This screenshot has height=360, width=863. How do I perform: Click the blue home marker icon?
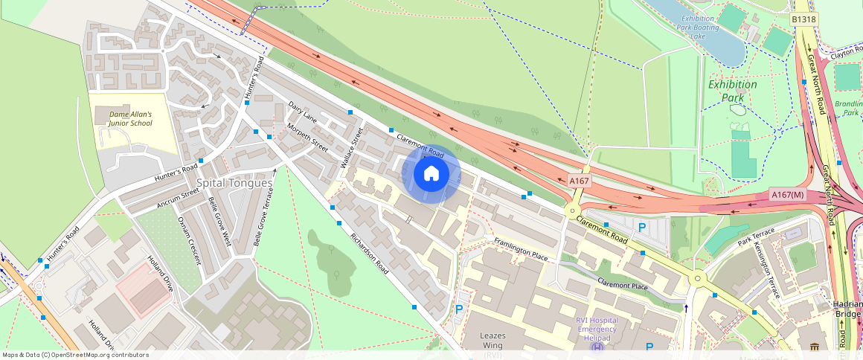[x=431, y=174]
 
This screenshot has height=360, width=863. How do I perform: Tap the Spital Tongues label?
[x=227, y=183]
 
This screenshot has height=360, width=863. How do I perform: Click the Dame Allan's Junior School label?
[x=131, y=118]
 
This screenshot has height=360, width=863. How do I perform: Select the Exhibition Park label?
[x=732, y=91]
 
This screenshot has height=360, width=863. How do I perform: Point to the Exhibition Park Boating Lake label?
[x=698, y=27]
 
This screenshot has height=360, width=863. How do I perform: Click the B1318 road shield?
[x=804, y=19]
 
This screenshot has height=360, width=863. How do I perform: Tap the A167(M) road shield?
[x=789, y=195]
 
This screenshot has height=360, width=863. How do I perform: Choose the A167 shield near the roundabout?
[x=580, y=181]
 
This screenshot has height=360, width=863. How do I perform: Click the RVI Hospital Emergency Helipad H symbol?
[x=597, y=347]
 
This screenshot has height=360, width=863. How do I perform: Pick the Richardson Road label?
[x=370, y=254]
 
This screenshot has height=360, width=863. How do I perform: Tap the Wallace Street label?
[x=350, y=147]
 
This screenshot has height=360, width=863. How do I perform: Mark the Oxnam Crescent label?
[x=189, y=240]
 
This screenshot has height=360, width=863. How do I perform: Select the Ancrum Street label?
[x=179, y=198]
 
